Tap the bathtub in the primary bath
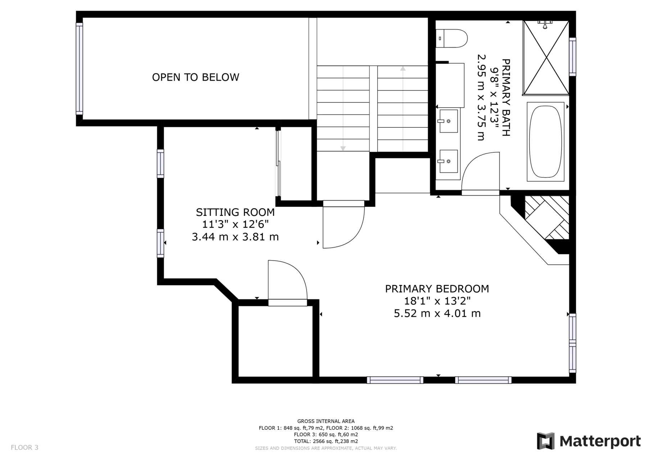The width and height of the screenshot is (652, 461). coord(545,141)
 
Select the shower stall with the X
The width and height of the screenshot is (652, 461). coord(546,58)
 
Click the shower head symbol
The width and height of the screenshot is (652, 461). coord(545,24)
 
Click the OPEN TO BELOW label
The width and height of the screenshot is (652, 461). coord(195,77)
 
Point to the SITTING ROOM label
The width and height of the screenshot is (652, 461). coord(235,212)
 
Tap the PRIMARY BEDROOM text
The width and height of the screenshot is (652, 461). coord(437,289)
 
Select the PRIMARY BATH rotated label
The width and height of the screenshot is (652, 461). coord(506,98)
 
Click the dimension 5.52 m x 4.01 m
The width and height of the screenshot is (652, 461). coord(437,313)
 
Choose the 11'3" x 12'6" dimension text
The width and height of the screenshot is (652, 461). coord(235,225)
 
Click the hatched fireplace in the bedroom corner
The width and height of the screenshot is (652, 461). coord(547,217)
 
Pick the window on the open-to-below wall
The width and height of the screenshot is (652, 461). coord(79,69)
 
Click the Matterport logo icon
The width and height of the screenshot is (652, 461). coord(545,441)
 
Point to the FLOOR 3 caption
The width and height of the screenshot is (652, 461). coord(24,448)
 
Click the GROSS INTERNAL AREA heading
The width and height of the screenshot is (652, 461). coord(326,421)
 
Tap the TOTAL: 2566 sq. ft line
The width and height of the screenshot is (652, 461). coord(326,441)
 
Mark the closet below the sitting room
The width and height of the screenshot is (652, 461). coord(275,341)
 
